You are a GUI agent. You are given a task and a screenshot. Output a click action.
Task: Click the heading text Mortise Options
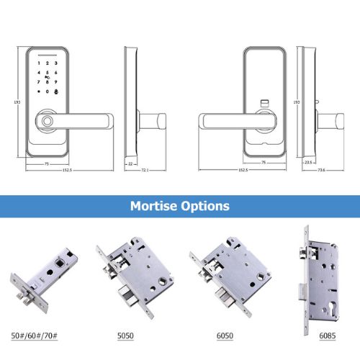tap(180, 206)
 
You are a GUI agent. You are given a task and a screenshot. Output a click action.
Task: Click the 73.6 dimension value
tap(321, 171)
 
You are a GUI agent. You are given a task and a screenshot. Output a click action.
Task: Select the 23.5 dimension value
tap(308, 163)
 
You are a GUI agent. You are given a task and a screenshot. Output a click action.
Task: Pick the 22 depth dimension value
tap(131, 163)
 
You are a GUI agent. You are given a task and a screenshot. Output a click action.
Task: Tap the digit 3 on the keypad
tap(55, 64)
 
